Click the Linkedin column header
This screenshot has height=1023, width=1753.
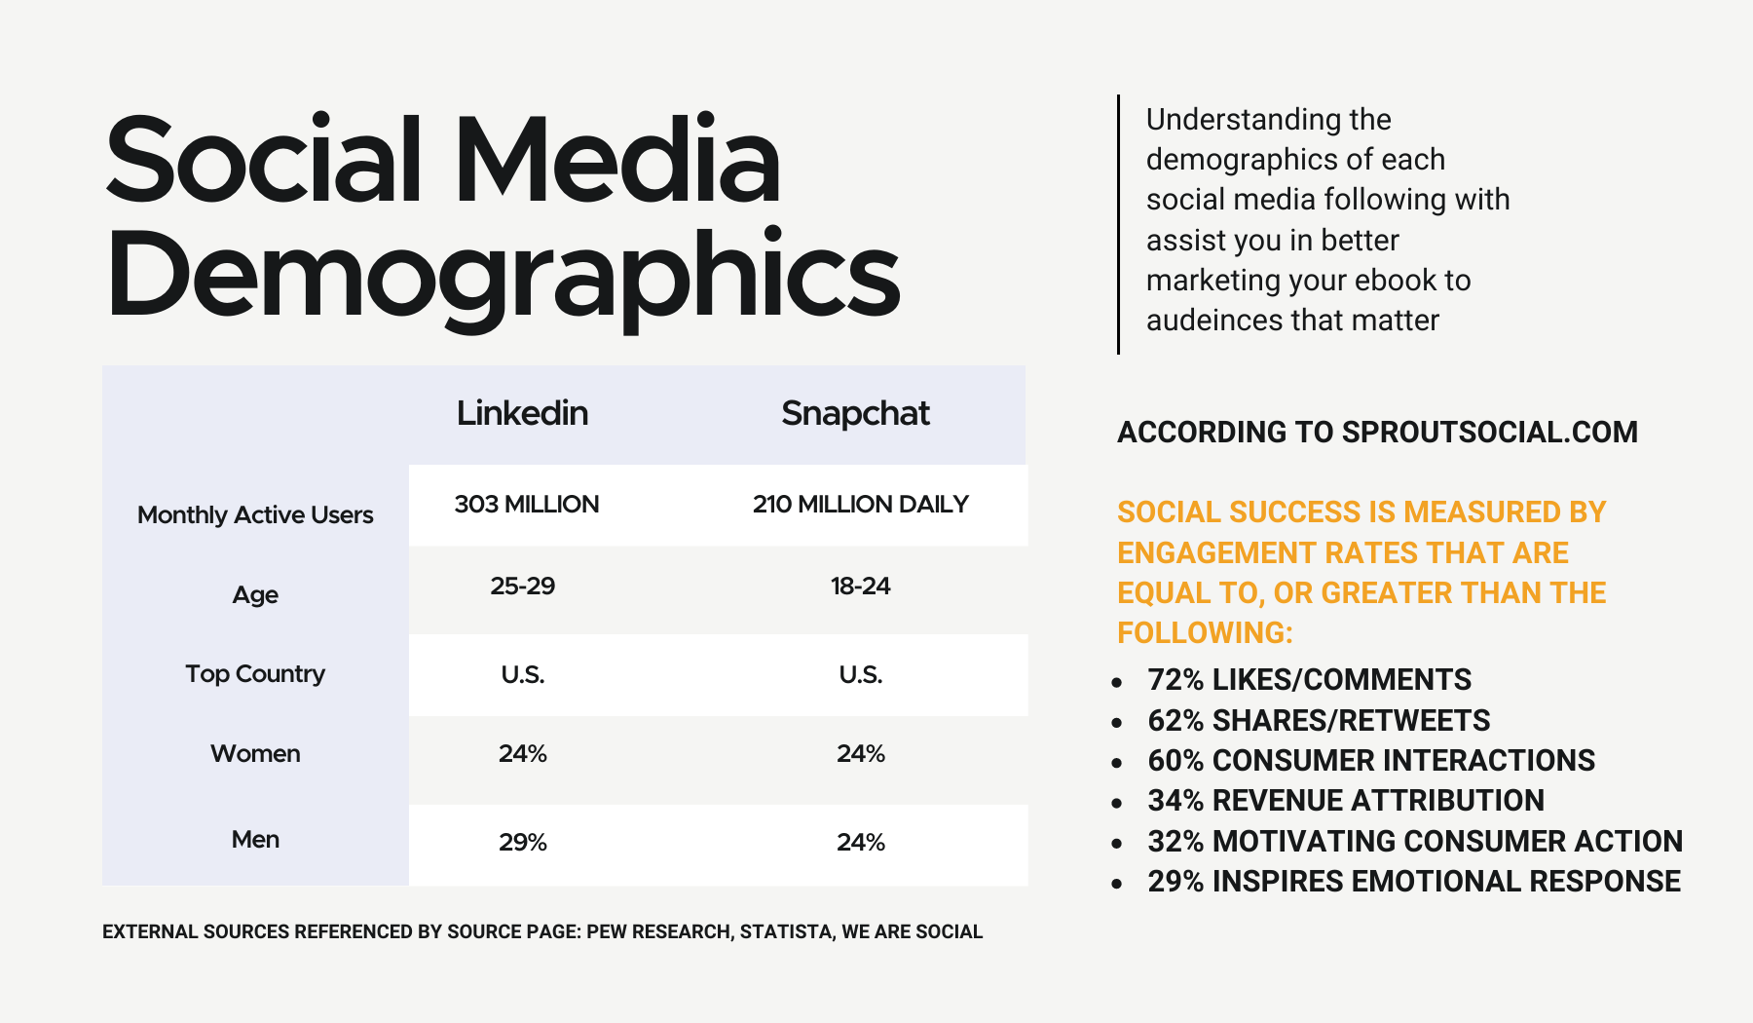[x=522, y=413]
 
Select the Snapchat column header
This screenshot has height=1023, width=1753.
[x=855, y=413]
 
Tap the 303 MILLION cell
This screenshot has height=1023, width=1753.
[x=526, y=505]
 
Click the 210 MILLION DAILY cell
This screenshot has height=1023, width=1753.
[x=860, y=505]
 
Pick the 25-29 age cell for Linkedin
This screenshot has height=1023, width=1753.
[x=522, y=587]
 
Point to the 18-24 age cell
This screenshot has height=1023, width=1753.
[x=860, y=587]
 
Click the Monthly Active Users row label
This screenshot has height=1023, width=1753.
[x=255, y=515]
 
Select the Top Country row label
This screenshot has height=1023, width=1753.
[x=255, y=674]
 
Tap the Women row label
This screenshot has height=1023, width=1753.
[x=255, y=754]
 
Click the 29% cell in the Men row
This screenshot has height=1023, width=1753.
[x=522, y=843]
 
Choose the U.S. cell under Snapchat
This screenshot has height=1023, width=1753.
[x=860, y=675]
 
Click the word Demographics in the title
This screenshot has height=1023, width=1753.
[x=503, y=278]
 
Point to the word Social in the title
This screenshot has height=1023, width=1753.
[x=263, y=161]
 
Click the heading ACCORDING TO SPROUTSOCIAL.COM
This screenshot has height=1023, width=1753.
[x=1377, y=433]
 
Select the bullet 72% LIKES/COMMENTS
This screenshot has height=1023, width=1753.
[x=1309, y=680]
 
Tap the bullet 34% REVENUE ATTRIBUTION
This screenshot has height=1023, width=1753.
[x=1345, y=801]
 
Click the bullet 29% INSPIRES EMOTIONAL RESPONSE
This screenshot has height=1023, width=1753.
[x=1413, y=882]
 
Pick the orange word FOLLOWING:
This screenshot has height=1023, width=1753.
[x=1205, y=633]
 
